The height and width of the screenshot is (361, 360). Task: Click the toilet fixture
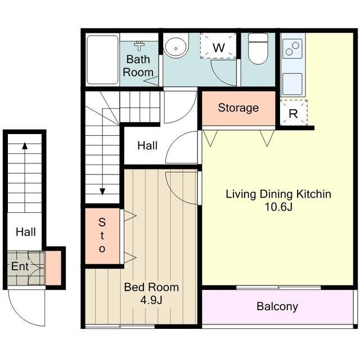[x=258, y=48]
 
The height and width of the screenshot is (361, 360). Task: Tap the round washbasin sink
[x=176, y=47]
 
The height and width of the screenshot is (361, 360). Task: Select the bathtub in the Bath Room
[x=102, y=60]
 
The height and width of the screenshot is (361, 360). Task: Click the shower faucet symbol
[x=139, y=46]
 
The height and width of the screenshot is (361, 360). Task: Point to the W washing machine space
[x=218, y=46]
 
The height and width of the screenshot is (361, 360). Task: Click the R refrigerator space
[x=294, y=113]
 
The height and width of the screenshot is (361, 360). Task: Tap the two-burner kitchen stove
[x=292, y=48]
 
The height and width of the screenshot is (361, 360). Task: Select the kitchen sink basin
[x=292, y=84]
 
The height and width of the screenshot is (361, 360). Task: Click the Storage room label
[x=238, y=108]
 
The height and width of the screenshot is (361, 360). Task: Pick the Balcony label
[x=277, y=307]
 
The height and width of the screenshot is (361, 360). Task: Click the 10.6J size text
[x=278, y=207]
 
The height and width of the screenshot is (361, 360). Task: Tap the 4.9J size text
[x=151, y=300]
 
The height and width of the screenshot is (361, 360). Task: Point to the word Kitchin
[x=313, y=194]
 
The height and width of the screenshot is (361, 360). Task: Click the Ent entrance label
[x=20, y=266]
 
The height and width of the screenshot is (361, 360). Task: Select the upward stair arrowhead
[x=25, y=146]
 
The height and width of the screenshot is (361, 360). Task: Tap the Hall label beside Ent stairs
[x=26, y=231]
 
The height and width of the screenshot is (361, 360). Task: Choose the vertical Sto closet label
[x=102, y=235]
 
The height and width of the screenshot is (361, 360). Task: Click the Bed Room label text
[x=151, y=287]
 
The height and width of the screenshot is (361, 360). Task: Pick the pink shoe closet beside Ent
[x=53, y=268]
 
